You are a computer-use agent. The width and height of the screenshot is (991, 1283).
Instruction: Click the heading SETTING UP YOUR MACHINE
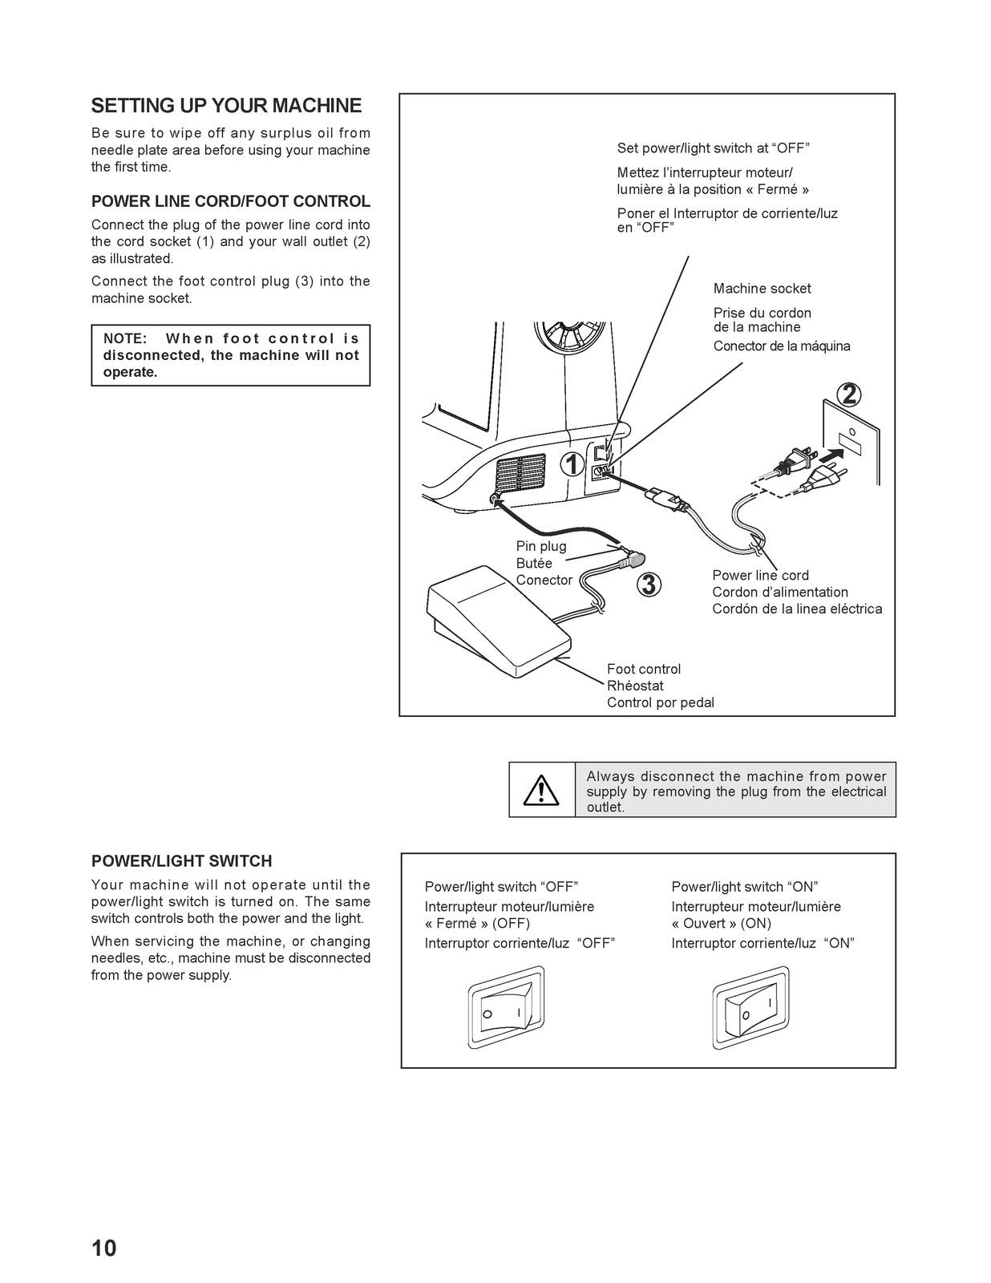[x=226, y=106]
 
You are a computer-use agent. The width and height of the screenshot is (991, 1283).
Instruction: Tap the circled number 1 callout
[x=572, y=464]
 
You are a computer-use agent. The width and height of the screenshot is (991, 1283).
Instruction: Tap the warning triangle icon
[x=541, y=791]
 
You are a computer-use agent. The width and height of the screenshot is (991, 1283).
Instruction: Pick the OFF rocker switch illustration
[x=505, y=1008]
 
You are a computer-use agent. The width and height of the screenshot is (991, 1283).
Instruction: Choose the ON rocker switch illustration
[x=750, y=1008]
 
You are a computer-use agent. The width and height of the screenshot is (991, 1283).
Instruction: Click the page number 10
[x=103, y=1248]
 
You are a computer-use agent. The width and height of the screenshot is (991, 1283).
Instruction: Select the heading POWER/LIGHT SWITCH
[x=181, y=861]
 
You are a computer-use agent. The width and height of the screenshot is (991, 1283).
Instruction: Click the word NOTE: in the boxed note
[x=125, y=338]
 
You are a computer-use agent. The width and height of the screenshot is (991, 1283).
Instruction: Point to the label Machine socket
[x=762, y=289]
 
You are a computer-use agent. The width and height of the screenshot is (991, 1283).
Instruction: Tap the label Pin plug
[x=541, y=546]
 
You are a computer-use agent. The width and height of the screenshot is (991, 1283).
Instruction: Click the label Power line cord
[x=760, y=575]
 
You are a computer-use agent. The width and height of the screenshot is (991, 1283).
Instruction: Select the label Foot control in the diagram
[x=643, y=669]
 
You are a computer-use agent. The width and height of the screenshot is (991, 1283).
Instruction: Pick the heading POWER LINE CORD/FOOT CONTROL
[x=231, y=201]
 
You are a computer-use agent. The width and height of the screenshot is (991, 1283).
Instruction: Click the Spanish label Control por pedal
[x=660, y=702]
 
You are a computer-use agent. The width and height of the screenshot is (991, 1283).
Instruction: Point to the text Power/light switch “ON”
[x=744, y=887]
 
